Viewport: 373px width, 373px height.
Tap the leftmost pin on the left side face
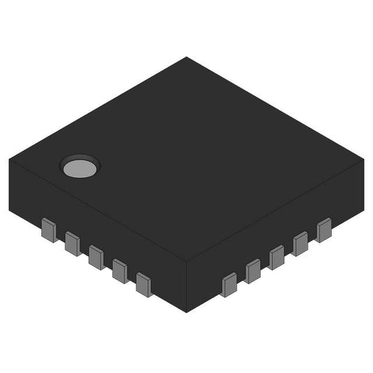pos(49,229)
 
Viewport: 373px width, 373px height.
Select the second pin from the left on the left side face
pos(72,243)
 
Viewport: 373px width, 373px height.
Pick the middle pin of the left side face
pos(96,256)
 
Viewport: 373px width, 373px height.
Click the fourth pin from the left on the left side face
pos(120,270)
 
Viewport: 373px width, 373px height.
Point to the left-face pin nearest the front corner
pos(143,284)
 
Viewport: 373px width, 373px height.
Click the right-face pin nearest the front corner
pos(229,285)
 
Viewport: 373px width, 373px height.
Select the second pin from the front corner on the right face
pos(253,271)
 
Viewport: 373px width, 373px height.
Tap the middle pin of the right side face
pos(276,257)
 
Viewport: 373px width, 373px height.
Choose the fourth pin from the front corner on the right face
pos(300,244)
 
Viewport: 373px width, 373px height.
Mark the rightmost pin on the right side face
pos(323,230)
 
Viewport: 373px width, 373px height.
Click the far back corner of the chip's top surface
pos(187,57)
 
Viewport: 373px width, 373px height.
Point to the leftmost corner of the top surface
pos(10,160)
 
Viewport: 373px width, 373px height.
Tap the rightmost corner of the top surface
pos(364,160)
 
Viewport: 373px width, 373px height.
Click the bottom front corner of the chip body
pos(187,312)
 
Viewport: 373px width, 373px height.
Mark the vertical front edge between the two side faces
pos(187,287)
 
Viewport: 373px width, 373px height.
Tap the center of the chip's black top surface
pos(187,160)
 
